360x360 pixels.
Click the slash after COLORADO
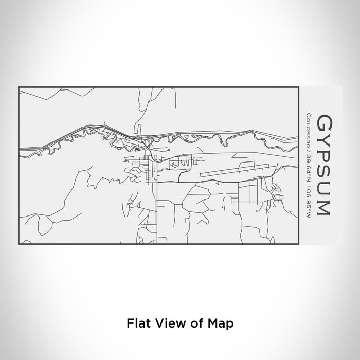click(x=308, y=148)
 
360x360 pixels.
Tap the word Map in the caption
click(x=223, y=323)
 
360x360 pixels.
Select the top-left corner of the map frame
click(x=19, y=87)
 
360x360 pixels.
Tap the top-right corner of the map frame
click(x=299, y=87)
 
